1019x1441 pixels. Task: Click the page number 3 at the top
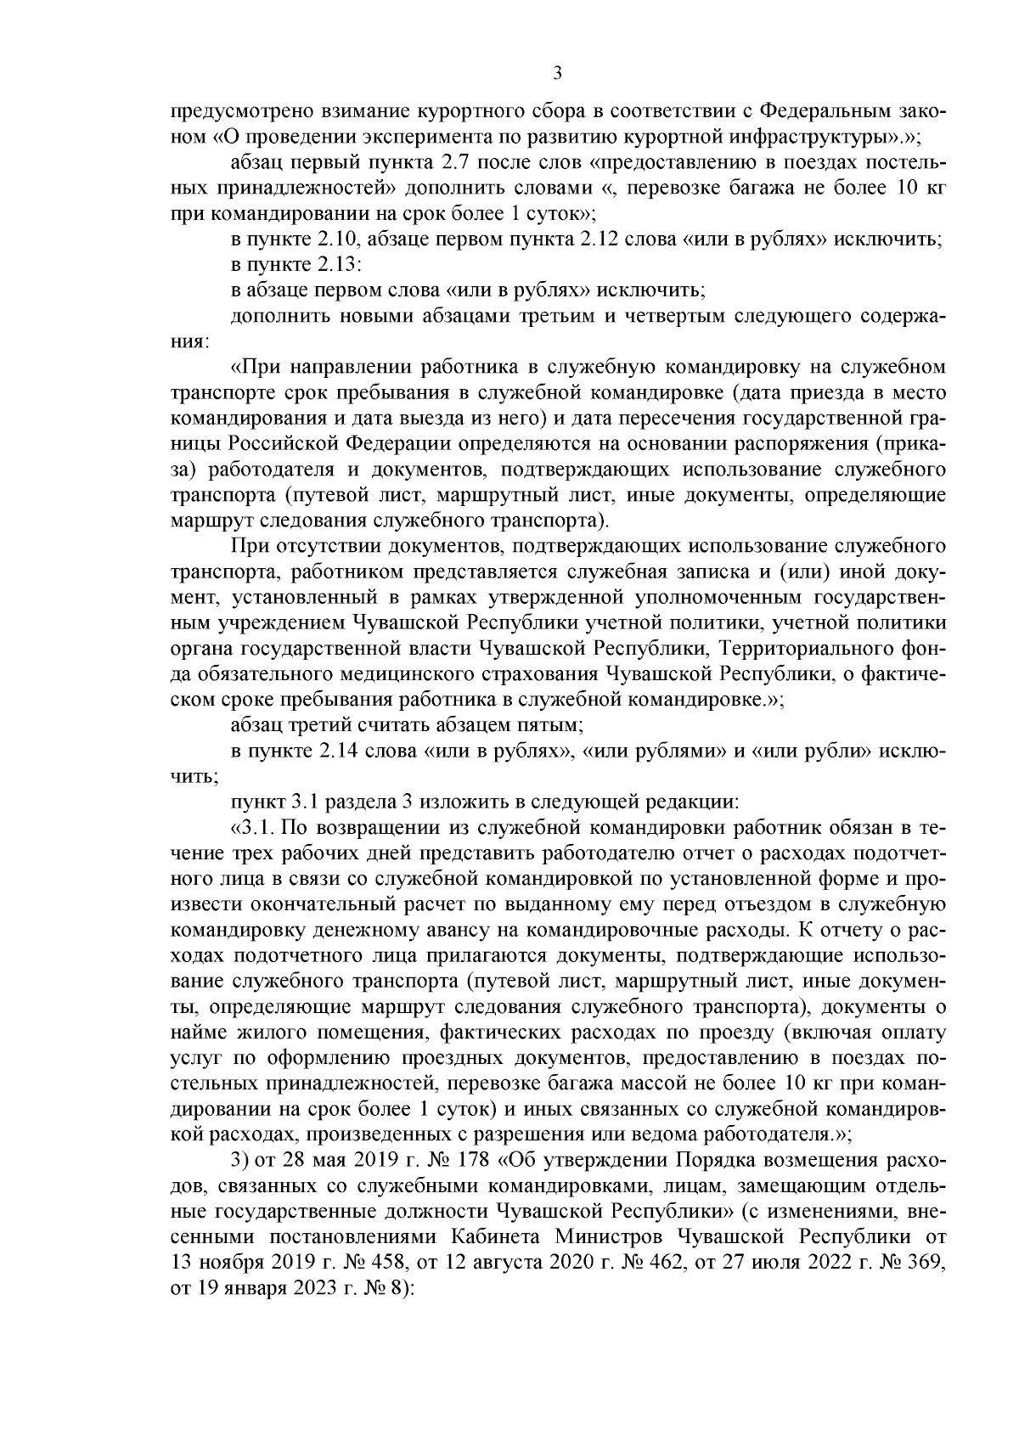(557, 74)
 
